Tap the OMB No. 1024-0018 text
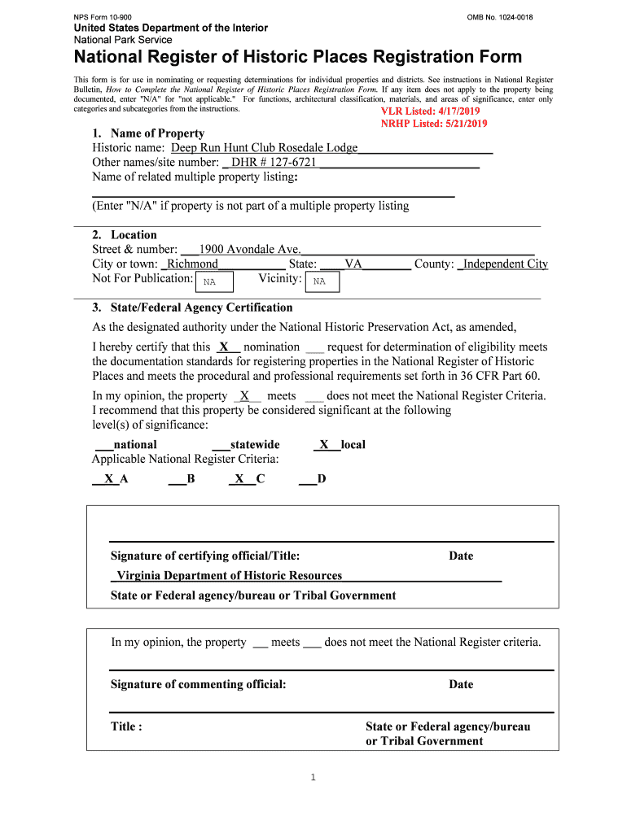pyautogui.click(x=500, y=17)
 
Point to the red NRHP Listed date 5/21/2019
pyautogui.click(x=434, y=124)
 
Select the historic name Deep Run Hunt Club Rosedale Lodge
pyautogui.click(x=264, y=148)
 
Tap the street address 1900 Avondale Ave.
pyautogui.click(x=250, y=249)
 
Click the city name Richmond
pyautogui.click(x=192, y=264)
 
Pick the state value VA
pyautogui.click(x=353, y=264)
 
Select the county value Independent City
pyautogui.click(x=506, y=264)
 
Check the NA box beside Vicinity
pyautogui.click(x=321, y=281)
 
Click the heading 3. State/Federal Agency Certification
pyautogui.click(x=192, y=307)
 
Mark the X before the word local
pyautogui.click(x=324, y=445)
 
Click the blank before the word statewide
pyautogui.click(x=220, y=445)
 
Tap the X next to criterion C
pyautogui.click(x=239, y=479)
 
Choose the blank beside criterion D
pyautogui.click(x=307, y=479)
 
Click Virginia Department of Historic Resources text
pyautogui.click(x=230, y=576)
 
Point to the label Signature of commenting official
pyautogui.click(x=199, y=684)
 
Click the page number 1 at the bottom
pyautogui.click(x=313, y=778)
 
